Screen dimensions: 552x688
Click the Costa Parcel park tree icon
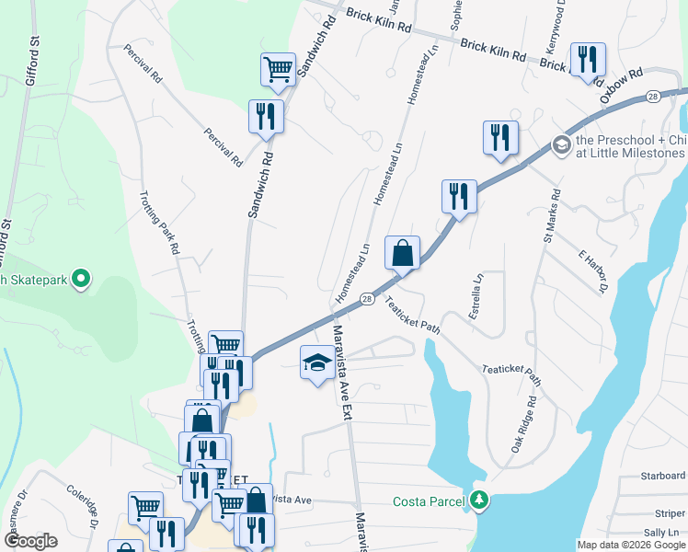point(478,500)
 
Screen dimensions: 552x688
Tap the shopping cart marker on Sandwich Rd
point(278,69)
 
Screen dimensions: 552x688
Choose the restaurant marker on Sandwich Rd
point(266,117)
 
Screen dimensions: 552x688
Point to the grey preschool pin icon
point(560,145)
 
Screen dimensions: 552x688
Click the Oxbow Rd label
point(620,85)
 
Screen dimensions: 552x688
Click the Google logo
point(30,541)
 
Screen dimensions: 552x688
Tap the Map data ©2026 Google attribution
point(630,545)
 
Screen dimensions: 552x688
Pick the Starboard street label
point(663,476)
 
